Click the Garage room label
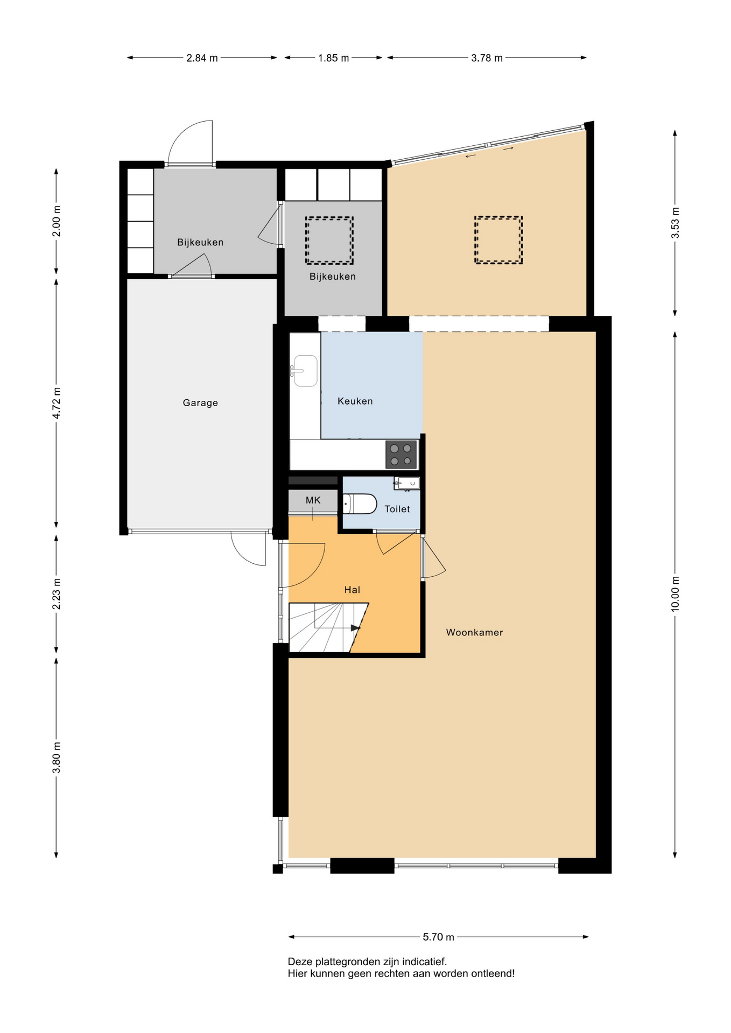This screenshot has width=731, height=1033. [200, 403]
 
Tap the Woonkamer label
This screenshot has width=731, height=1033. [474, 632]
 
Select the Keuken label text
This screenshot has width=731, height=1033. [355, 401]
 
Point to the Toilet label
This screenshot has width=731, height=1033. [397, 509]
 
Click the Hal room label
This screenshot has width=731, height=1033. [352, 590]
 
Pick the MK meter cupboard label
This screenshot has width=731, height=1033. [313, 500]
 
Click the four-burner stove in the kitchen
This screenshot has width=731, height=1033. [401, 455]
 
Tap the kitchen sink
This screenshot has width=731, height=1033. [305, 371]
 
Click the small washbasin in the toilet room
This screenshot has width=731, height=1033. [406, 483]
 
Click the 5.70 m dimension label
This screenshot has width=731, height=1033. [438, 937]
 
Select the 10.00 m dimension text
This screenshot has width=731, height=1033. [676, 594]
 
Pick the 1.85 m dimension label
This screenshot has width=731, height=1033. [333, 58]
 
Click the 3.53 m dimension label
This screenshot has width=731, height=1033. [676, 223]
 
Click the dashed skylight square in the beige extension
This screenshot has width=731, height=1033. [498, 240]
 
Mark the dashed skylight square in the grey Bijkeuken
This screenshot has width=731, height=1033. [329, 240]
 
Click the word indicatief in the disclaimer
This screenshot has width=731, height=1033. [424, 961]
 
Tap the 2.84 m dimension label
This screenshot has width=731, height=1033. [202, 58]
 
